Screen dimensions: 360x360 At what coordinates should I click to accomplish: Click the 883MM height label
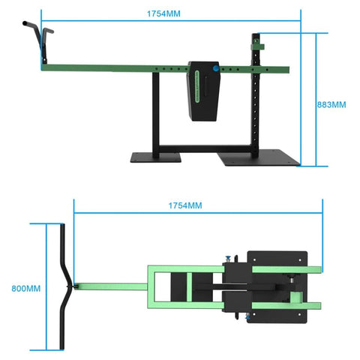(x=332, y=104)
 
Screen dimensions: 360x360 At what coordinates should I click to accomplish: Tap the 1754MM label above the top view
(x=184, y=205)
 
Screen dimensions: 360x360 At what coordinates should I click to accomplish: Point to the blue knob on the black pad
(x=215, y=68)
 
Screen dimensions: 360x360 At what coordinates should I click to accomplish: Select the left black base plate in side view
(x=155, y=157)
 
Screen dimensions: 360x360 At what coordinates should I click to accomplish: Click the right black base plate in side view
(x=259, y=158)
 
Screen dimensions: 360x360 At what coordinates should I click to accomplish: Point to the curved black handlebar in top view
(x=64, y=286)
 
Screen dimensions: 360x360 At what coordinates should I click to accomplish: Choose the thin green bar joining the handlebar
(x=109, y=286)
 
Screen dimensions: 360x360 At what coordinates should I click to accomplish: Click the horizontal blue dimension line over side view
(x=171, y=20)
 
